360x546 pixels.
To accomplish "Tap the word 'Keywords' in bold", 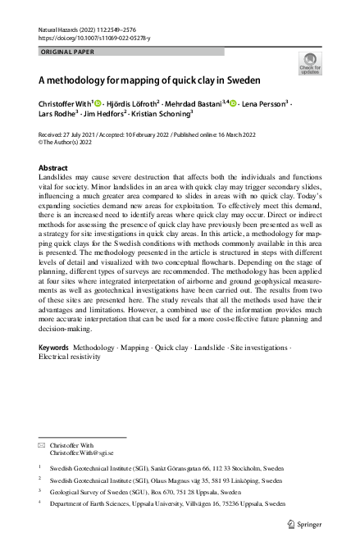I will point(54,348).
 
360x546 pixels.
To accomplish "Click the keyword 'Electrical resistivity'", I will point(70,357).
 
